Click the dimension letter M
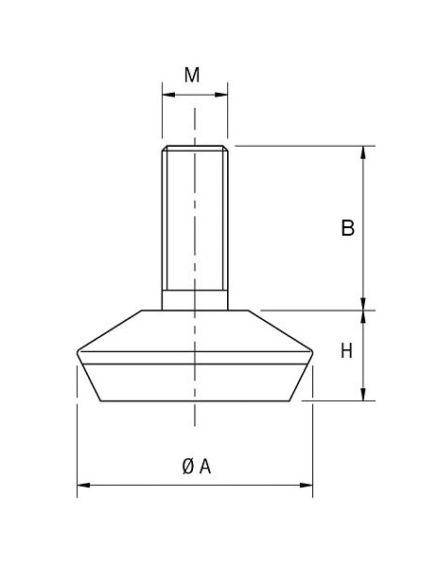click(x=192, y=75)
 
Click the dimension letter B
click(x=347, y=227)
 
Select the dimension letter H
click(x=346, y=351)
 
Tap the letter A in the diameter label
click(x=204, y=466)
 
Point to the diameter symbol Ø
click(x=187, y=466)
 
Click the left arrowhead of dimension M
click(x=166, y=95)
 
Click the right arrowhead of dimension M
click(x=224, y=95)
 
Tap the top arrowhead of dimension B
click(x=363, y=151)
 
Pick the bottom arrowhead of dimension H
click(x=363, y=395)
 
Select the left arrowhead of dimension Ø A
click(x=81, y=486)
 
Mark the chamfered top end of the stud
click(x=195, y=149)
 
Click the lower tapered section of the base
click(x=195, y=382)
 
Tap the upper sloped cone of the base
click(x=195, y=331)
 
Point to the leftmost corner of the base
click(x=77, y=354)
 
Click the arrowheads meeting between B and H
click(x=363, y=310)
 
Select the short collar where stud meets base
click(x=195, y=299)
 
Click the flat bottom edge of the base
click(x=195, y=400)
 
